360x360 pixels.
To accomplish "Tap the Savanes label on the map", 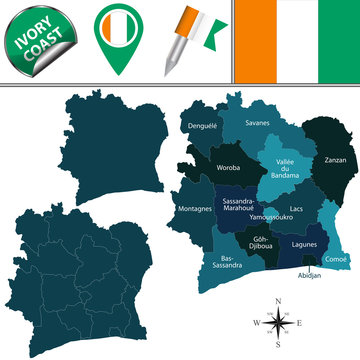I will tap(257, 123).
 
